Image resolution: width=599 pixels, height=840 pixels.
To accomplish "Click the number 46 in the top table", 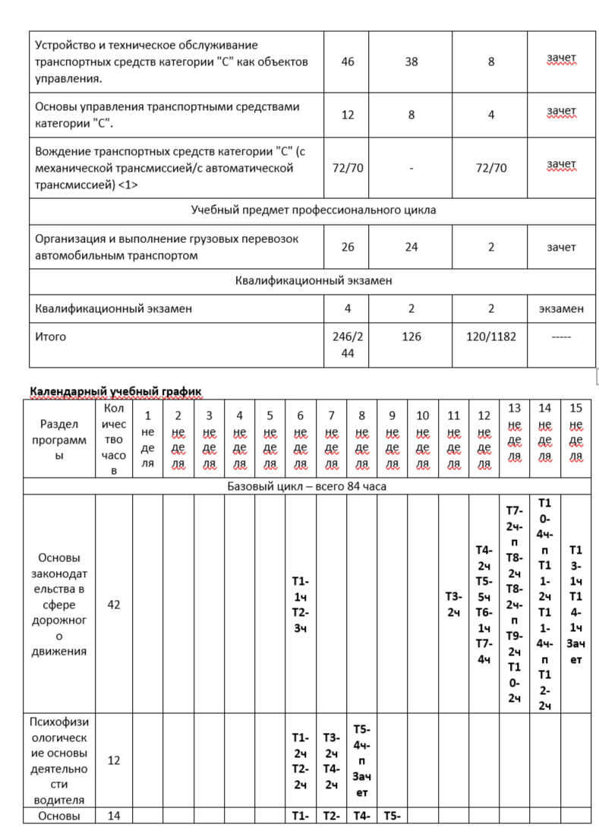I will tap(348, 62).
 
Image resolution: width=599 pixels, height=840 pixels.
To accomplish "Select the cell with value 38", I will tap(411, 62).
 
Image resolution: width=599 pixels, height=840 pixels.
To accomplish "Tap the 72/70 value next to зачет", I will tap(491, 168).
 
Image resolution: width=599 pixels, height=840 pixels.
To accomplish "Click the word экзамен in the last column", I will tap(562, 308).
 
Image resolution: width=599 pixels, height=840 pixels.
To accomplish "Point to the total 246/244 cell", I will tap(348, 345).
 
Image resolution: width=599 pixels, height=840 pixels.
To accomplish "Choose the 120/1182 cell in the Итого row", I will tap(491, 336).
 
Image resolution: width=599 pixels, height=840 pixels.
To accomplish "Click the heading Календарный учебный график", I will tap(115, 391).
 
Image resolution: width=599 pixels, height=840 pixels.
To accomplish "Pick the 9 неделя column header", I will tap(393, 439).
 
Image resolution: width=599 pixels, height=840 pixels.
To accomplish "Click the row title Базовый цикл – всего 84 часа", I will tap(307, 486).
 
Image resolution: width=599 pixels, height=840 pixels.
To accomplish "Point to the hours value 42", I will tap(113, 605).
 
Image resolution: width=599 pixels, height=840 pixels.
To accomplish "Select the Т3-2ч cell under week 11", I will tap(453, 604).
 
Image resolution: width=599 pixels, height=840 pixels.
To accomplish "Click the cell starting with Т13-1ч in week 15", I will tap(575, 604).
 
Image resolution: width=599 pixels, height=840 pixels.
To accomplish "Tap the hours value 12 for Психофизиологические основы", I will tap(113, 759).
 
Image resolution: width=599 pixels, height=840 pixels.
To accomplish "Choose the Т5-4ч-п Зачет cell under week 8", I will tap(361, 759).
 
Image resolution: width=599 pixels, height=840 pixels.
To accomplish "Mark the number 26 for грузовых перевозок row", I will tap(348, 247).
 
